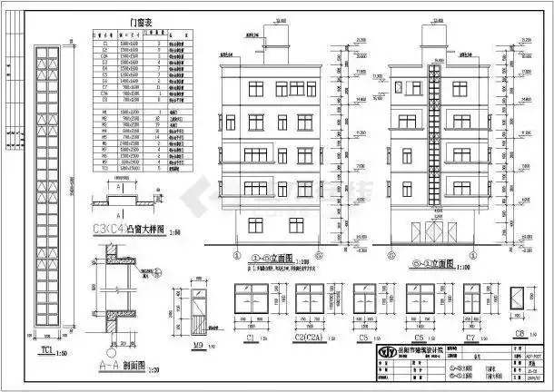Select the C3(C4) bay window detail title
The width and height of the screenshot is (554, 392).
(128, 229)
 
